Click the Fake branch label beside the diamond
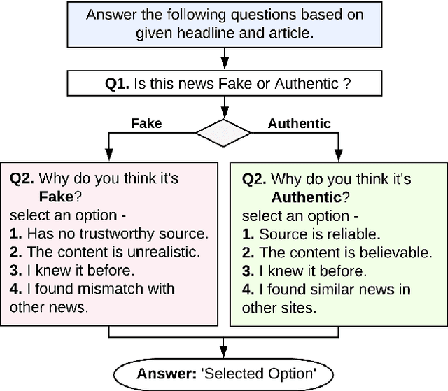(x=146, y=123)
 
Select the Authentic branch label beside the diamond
(x=299, y=123)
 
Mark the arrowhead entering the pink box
(x=108, y=156)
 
